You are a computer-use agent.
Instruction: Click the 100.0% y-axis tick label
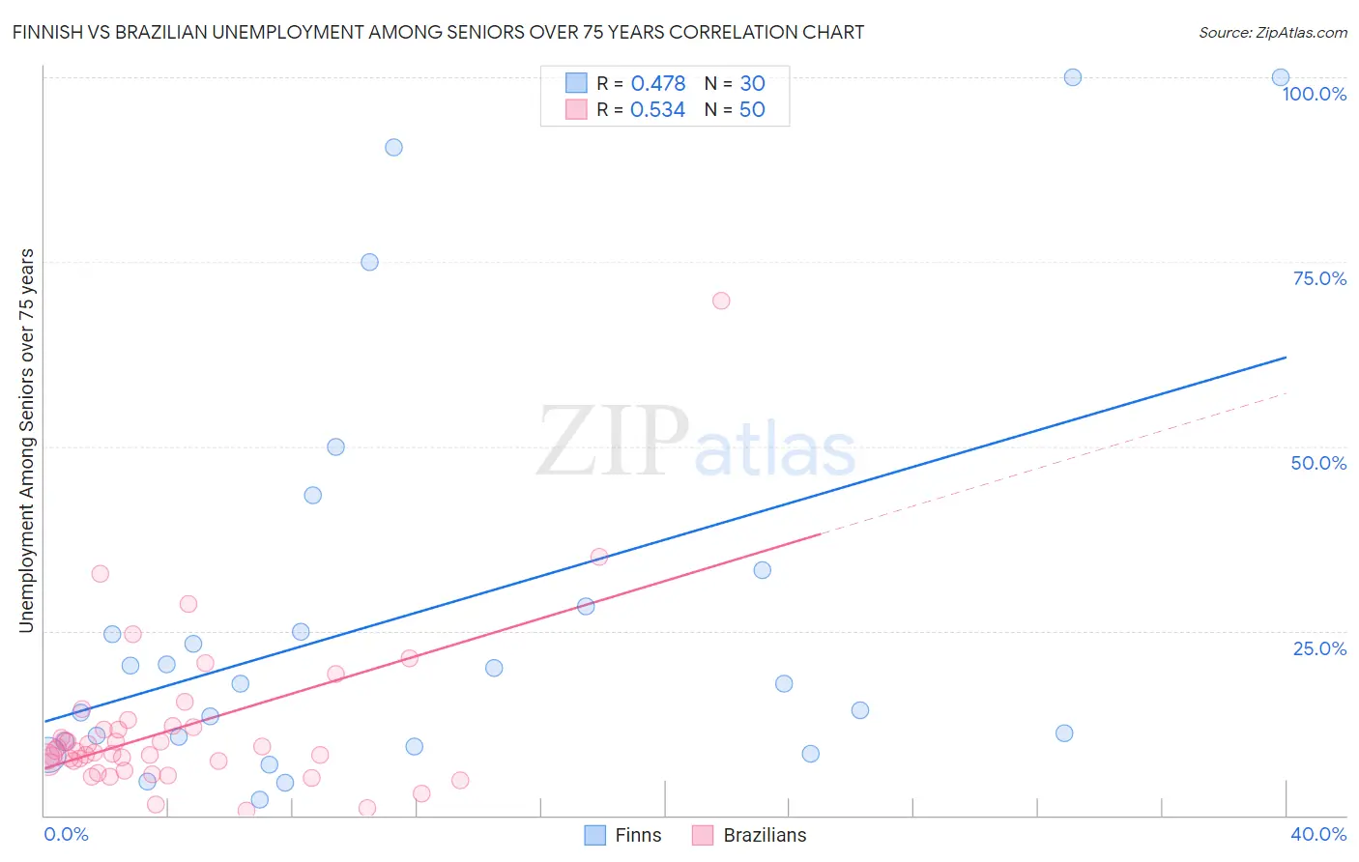[1314, 94]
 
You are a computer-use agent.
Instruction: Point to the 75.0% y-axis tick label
[1319, 278]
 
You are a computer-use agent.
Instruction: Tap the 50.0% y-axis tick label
[1318, 463]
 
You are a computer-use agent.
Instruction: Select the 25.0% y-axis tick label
[1319, 647]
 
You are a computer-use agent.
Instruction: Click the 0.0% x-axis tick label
[66, 834]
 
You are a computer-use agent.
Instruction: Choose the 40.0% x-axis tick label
[1318, 834]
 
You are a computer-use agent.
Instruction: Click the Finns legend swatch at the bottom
[595, 835]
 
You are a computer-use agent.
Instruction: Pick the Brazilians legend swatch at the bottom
[703, 835]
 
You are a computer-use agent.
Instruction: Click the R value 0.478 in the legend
[657, 83]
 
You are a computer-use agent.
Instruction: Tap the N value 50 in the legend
[752, 109]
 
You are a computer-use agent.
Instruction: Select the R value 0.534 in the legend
[657, 109]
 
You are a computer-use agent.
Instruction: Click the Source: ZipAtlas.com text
[1272, 32]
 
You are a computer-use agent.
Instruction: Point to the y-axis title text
[26, 441]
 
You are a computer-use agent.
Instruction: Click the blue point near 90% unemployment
[393, 148]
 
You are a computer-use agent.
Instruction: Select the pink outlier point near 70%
[721, 301]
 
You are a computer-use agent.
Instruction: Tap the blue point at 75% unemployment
[369, 262]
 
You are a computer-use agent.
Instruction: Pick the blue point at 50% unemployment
[335, 446]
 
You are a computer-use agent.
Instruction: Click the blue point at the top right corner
[1281, 77]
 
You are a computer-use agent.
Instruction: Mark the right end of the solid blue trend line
[1287, 358]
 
